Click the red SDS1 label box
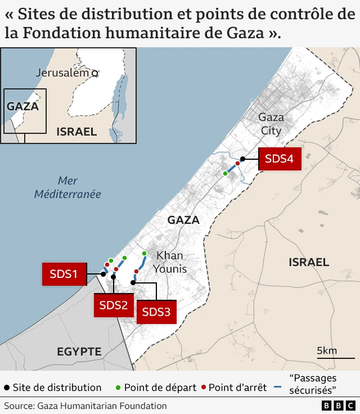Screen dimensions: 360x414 tap(63, 274)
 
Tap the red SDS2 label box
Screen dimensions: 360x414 tap(114, 305)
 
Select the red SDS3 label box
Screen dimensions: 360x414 tap(156, 312)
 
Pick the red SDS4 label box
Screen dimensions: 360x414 tap(280, 159)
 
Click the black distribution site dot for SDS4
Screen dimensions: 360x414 tap(243, 159)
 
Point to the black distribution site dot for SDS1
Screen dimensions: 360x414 tap(103, 274)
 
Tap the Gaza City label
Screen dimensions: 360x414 tap(271, 124)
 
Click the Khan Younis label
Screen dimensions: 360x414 tap(169, 262)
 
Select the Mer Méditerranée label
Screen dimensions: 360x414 tap(67, 187)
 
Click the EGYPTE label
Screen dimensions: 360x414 tap(79, 352)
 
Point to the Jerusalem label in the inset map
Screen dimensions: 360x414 tap(62, 73)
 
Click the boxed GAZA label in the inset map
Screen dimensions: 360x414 tap(22, 106)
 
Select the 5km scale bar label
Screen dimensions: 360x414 tap(327, 351)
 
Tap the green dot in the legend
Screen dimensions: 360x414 tap(118, 388)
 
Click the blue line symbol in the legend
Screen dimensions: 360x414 tap(277, 388)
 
